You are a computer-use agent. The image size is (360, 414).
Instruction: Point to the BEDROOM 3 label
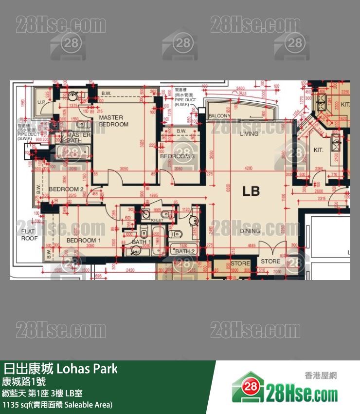177,156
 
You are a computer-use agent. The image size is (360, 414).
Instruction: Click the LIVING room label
249,133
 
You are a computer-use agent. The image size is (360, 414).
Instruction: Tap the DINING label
250,231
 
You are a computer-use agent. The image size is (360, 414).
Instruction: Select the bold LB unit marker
251,191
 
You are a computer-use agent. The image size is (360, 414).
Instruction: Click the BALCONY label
219,116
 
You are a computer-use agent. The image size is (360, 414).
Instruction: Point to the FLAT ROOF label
29,235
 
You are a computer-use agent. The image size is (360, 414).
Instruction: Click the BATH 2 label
185,251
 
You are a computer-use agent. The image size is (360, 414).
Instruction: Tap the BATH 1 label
141,242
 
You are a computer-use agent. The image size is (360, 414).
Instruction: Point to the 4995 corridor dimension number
154,196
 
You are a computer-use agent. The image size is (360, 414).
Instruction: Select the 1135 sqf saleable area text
57,405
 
